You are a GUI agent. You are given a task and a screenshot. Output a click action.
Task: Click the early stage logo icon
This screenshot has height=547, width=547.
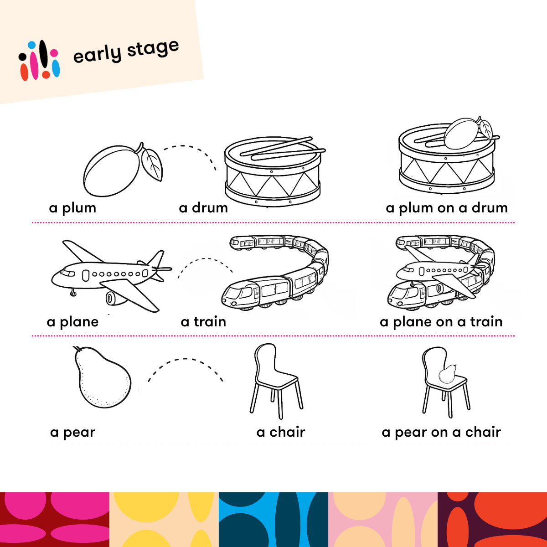point(39,61)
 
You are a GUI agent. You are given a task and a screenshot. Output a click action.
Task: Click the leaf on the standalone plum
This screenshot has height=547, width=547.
point(152,165)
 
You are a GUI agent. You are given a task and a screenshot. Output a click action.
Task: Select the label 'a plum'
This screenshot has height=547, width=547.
point(72,208)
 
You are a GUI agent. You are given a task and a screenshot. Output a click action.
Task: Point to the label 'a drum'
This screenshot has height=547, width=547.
point(203,208)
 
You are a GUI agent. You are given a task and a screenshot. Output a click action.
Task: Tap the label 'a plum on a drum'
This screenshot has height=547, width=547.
point(447,208)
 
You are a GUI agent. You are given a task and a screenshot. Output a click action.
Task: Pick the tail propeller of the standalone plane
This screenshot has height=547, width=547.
point(162,268)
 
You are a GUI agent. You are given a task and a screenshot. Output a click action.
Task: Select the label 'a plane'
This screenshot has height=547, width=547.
point(72,322)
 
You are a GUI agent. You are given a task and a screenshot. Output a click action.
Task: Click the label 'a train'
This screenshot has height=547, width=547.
point(203,322)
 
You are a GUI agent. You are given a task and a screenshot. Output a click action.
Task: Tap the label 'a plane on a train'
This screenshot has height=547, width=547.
point(441,322)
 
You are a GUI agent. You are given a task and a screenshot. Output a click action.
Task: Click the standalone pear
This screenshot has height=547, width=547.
point(102,377)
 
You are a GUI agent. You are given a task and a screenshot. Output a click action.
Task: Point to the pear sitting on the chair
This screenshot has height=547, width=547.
point(447,374)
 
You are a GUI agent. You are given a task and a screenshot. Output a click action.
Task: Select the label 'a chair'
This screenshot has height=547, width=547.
point(281,432)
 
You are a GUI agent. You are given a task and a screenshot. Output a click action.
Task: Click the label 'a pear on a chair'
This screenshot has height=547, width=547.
point(441,432)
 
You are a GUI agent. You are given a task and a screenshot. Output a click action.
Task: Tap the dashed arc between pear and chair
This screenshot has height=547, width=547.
point(185,359)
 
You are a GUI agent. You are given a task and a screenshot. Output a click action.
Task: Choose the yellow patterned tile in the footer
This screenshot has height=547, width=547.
point(164,520)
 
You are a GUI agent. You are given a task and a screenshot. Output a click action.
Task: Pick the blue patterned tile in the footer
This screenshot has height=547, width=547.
point(273,520)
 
